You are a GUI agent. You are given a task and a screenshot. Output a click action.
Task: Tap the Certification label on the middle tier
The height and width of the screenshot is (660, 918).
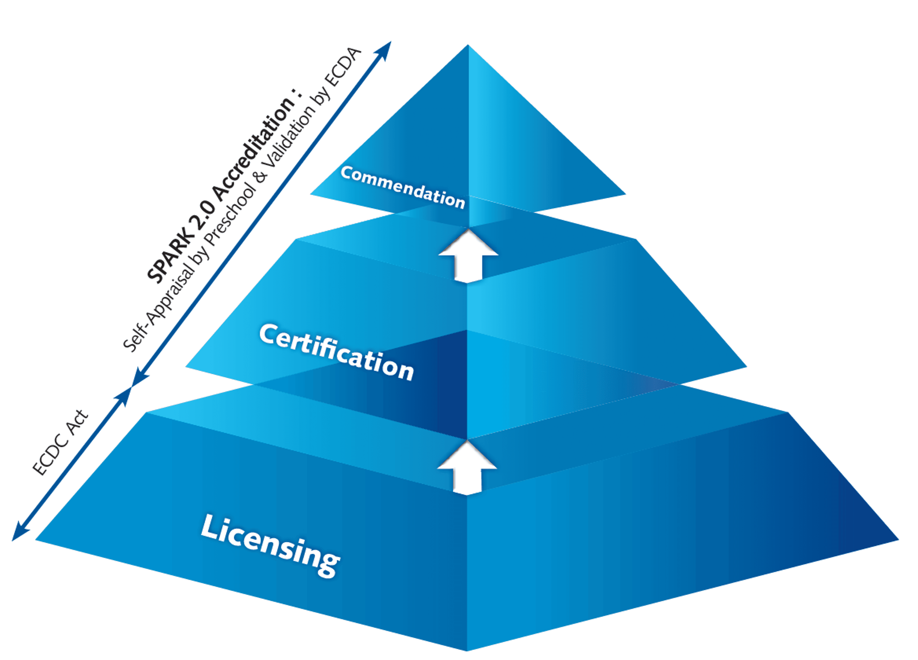pos(336,352)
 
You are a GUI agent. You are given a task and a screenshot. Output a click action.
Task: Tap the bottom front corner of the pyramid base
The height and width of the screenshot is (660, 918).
pos(467,650)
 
